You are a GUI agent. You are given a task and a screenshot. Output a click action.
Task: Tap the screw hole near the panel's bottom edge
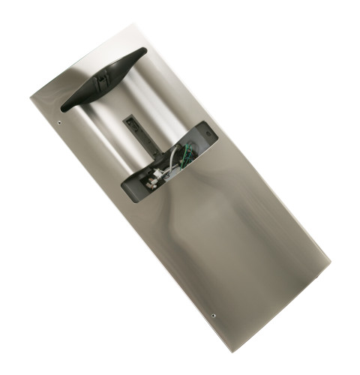point(215,316)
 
